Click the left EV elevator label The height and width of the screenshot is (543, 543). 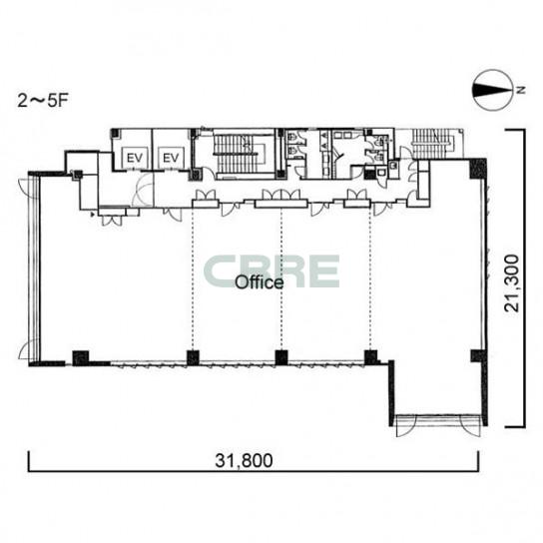click(135, 159)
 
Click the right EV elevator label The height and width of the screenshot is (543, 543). click(171, 159)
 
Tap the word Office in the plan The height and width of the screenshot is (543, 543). click(260, 282)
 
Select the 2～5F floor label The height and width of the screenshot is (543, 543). click(43, 101)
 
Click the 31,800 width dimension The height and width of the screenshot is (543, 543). click(244, 460)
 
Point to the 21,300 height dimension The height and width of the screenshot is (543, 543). click(512, 283)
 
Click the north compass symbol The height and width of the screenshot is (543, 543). click(492, 91)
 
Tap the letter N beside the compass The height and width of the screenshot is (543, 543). click(520, 90)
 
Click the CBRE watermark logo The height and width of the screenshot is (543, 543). click(271, 271)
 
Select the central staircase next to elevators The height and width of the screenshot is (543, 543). click(238, 154)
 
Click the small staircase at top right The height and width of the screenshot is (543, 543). click(433, 144)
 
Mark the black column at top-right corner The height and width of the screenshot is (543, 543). click(478, 169)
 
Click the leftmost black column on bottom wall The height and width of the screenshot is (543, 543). click(80, 358)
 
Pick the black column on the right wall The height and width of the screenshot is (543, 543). click(478, 356)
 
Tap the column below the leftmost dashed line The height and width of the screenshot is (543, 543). click(193, 358)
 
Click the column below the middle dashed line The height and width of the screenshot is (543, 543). click(281, 357)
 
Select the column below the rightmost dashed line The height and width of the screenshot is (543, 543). click(370, 357)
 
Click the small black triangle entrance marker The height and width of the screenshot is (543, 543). click(93, 215)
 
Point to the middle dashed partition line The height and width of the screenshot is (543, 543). click(281, 279)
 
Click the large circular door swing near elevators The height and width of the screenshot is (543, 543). click(143, 190)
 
